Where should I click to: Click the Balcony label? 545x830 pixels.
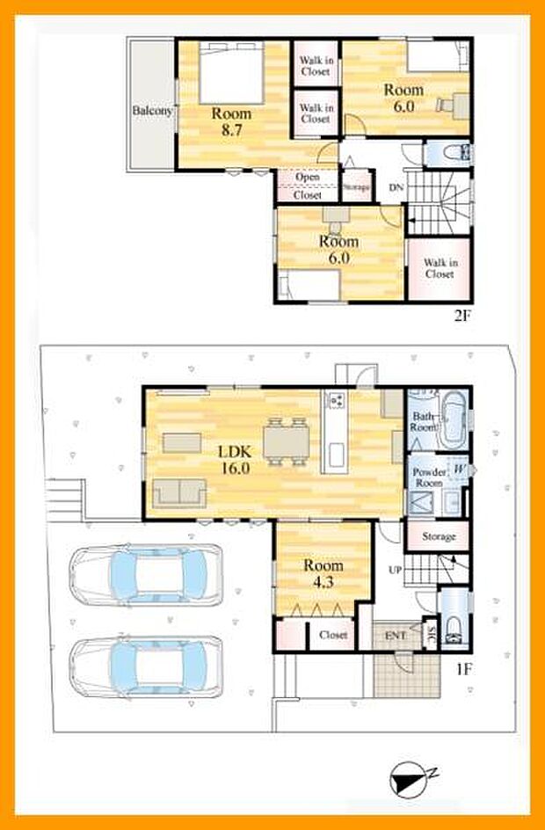point(152,112)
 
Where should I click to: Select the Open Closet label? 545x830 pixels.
point(308,186)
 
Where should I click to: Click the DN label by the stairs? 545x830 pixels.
point(396,188)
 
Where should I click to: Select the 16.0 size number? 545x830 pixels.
point(235,469)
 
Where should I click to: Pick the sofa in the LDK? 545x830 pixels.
point(179,494)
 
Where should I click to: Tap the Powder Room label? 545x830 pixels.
point(428,477)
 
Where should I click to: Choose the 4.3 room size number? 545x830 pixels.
point(323,581)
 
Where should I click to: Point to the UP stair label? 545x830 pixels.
point(396,570)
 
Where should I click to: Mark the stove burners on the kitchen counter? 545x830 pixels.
point(336,401)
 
